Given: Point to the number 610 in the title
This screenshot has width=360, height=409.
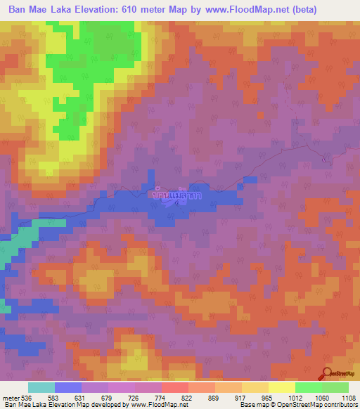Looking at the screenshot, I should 150,10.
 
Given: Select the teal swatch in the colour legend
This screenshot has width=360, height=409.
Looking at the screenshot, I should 41,388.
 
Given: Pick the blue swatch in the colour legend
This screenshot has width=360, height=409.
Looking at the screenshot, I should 68,388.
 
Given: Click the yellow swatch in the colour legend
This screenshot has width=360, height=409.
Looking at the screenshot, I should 281,388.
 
